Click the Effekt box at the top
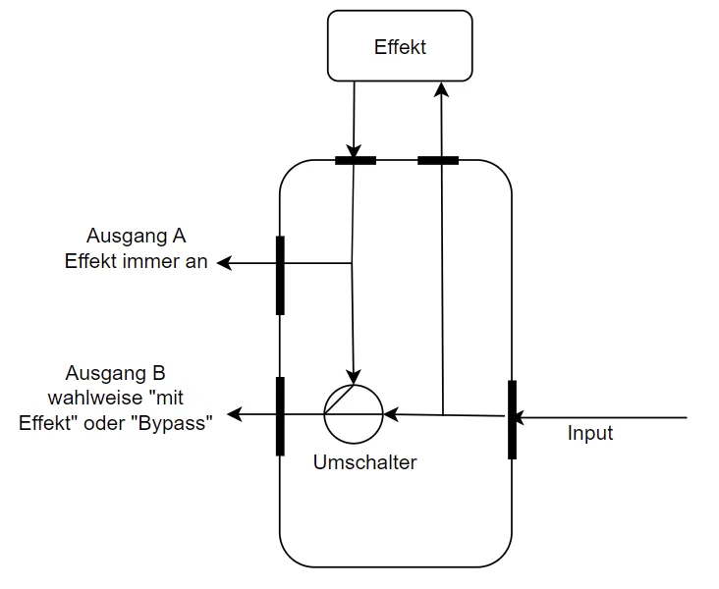click(401, 47)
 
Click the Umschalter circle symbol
click(354, 413)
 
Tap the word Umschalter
click(364, 462)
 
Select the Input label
click(590, 433)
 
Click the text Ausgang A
click(137, 237)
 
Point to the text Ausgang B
click(115, 373)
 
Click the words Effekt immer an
click(137, 262)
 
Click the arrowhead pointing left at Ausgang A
click(224, 263)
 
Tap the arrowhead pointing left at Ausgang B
click(235, 414)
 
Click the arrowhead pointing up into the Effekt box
click(442, 88)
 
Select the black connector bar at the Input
click(512, 419)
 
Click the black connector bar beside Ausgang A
click(280, 275)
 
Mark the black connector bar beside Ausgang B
click(280, 416)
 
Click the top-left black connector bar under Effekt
click(355, 160)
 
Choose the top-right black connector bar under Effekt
click(438, 160)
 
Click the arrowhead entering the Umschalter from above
click(355, 377)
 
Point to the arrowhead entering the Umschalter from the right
click(390, 414)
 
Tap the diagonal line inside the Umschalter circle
click(343, 398)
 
